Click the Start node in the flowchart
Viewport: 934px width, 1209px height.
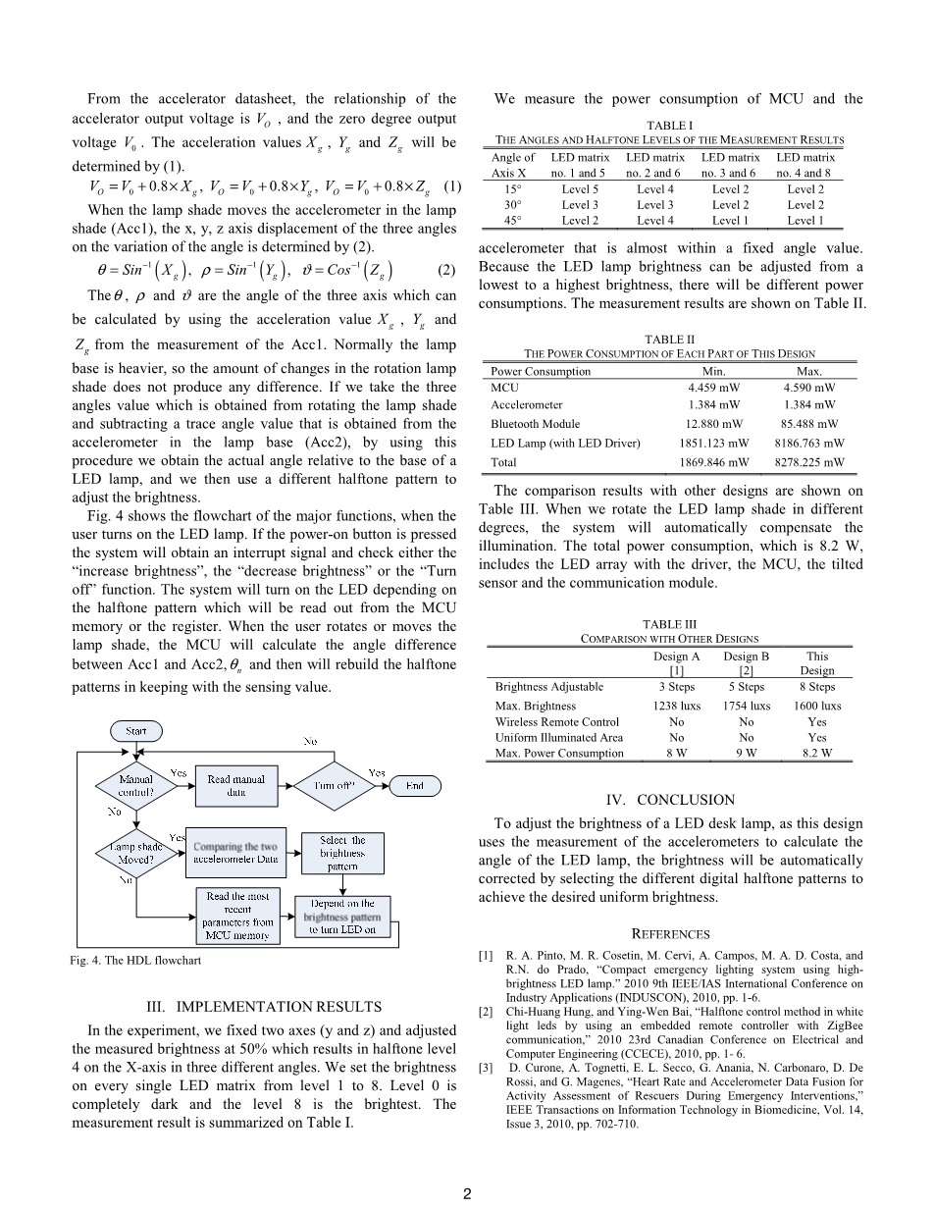pyautogui.click(x=135, y=731)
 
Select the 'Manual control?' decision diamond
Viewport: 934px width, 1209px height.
pyautogui.click(x=135, y=785)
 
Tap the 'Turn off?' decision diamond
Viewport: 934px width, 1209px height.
pyautogui.click(x=334, y=785)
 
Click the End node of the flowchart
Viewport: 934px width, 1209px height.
pyautogui.click(x=415, y=785)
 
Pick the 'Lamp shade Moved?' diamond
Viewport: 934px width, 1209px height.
pyautogui.click(x=135, y=853)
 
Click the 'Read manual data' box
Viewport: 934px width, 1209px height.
pyautogui.click(x=235, y=785)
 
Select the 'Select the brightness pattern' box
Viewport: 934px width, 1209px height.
pyautogui.click(x=342, y=853)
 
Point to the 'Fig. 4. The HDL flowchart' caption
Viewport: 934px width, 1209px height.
pyautogui.click(x=135, y=960)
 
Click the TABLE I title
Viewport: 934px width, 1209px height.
pyautogui.click(x=671, y=126)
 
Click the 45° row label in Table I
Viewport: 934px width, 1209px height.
pyautogui.click(x=512, y=221)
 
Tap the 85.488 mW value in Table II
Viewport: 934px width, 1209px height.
pyautogui.click(x=810, y=424)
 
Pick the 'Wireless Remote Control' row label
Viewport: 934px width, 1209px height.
pyautogui.click(x=557, y=721)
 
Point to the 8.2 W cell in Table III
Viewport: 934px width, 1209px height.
pyautogui.click(x=816, y=753)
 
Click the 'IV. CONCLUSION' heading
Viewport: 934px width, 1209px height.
pyautogui.click(x=670, y=800)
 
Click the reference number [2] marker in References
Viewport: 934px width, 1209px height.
pyautogui.click(x=487, y=1011)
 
